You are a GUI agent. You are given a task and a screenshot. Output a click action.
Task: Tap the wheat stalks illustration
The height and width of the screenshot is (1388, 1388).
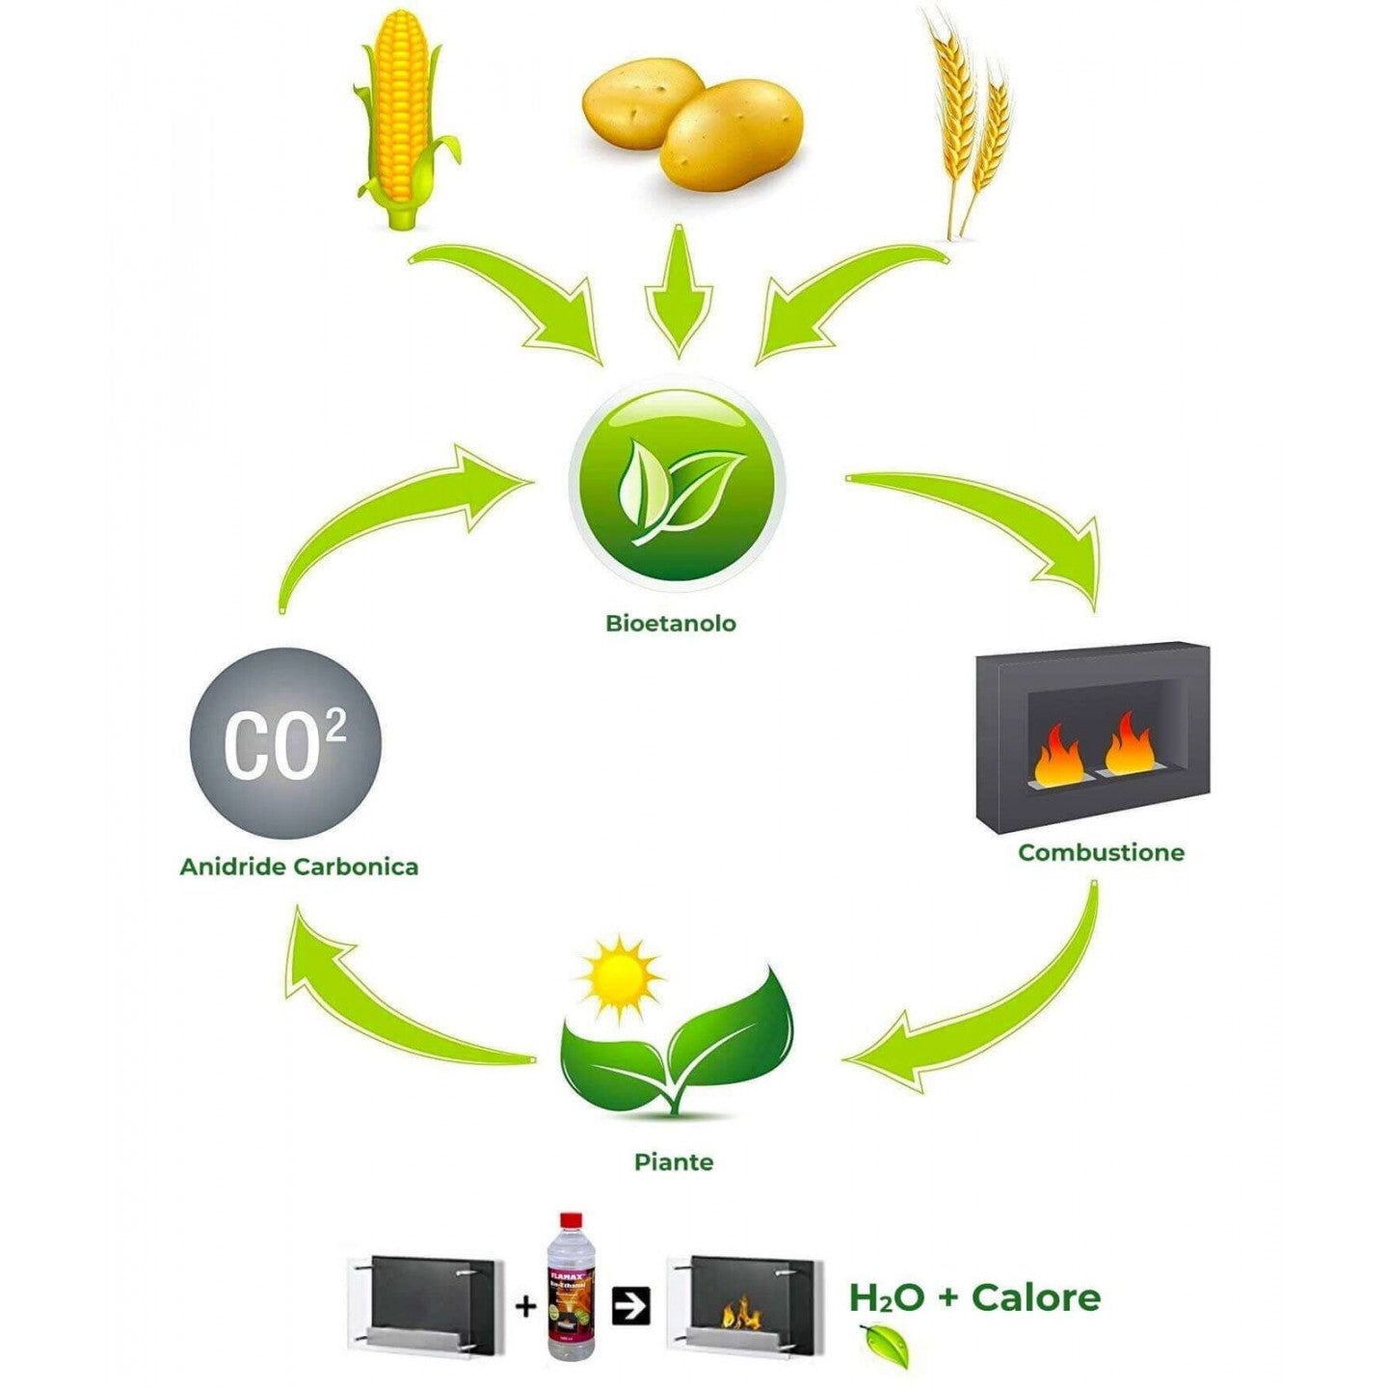coord(969,120)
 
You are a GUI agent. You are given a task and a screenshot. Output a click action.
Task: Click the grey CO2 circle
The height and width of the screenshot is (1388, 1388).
coord(285,743)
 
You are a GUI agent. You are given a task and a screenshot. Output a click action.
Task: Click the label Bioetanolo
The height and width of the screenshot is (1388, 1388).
coord(671,624)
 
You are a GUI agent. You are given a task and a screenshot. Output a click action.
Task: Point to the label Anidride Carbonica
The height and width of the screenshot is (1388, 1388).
coord(299,867)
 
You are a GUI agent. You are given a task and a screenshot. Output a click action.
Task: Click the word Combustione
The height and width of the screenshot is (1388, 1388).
coord(1101,852)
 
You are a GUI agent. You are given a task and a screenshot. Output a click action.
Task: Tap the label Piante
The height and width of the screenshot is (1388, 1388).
coord(674,1161)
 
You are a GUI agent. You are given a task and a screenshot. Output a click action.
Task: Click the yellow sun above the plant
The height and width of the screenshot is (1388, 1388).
coord(620,977)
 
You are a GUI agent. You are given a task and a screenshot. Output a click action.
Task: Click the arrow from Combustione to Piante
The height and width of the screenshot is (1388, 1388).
coord(993,1022)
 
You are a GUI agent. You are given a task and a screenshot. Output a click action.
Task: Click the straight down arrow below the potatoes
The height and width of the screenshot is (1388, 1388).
coord(679,289)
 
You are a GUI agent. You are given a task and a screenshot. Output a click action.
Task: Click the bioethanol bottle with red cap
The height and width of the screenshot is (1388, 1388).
coord(571,1287)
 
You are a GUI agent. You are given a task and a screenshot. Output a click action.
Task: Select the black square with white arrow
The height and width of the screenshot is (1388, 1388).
coord(632,1306)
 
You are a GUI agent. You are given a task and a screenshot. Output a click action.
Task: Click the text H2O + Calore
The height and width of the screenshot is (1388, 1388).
coord(974,1297)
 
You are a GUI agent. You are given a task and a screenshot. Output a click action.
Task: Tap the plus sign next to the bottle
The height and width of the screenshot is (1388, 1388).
coord(525,1307)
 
